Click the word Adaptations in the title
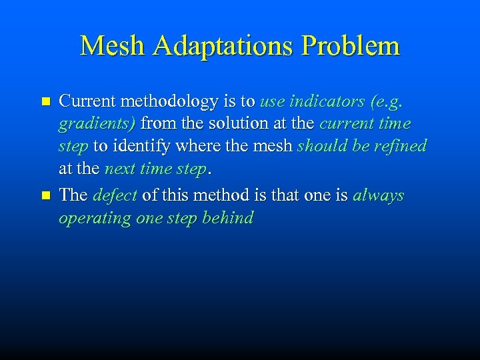224,47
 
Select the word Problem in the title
351,45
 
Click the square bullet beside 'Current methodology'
45,102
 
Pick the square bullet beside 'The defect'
45,196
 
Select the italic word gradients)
97,125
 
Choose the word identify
139,147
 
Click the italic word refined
401,146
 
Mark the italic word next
119,169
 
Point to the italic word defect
115,195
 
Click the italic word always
379,196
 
